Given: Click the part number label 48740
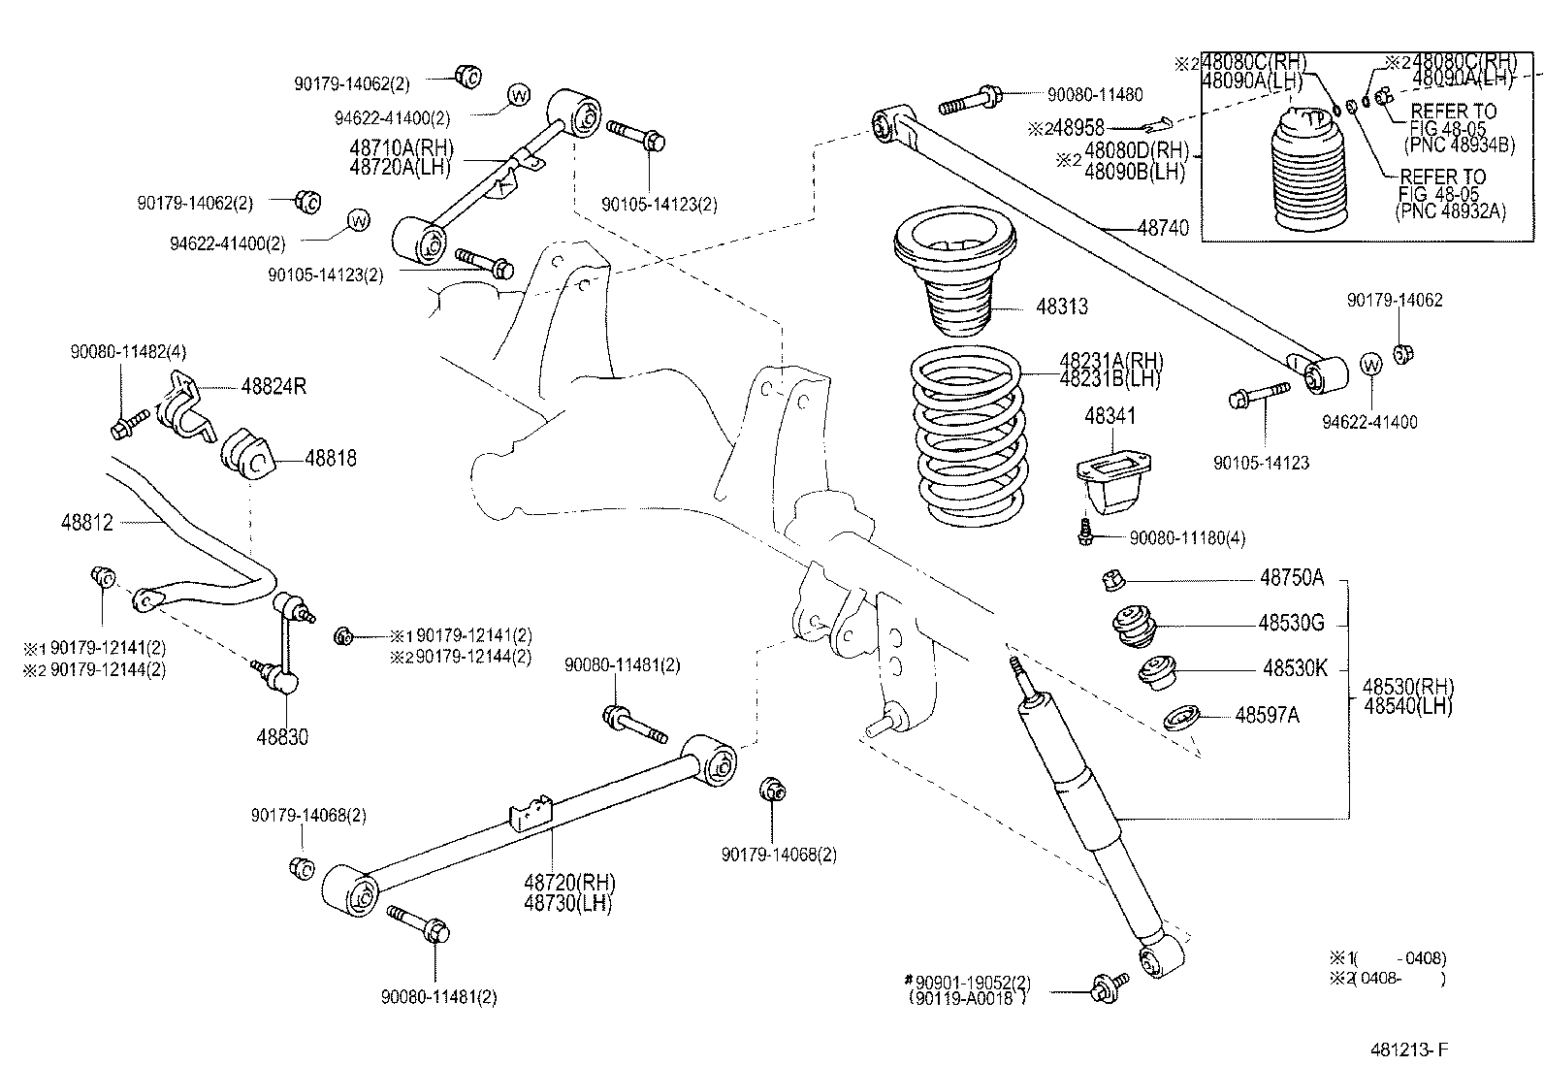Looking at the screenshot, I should [1163, 228].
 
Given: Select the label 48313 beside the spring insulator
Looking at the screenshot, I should [1062, 307].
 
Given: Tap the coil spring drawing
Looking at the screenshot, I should [966, 436].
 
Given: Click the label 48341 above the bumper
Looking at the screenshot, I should [1110, 416].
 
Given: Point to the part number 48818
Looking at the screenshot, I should [331, 458].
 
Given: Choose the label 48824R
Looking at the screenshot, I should [273, 387].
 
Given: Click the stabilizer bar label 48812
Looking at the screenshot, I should [86, 523].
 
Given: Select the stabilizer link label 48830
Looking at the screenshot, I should [282, 737].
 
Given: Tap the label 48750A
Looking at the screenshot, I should [1291, 578].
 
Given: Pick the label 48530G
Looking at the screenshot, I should [1291, 623].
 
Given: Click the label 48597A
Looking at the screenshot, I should [1267, 716].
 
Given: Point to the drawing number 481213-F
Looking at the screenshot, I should [1409, 1050].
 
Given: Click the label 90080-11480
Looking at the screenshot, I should [1095, 95].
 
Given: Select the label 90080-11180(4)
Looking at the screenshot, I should [1187, 537].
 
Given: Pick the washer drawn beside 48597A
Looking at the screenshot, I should [1181, 720].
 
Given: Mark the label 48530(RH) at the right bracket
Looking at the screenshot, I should [1408, 687].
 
